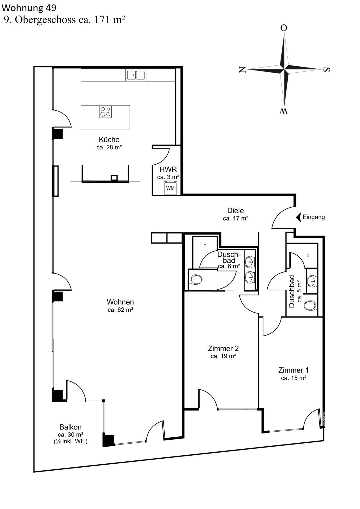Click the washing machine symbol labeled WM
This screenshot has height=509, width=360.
(x=170, y=188)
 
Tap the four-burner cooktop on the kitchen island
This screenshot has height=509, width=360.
(x=106, y=112)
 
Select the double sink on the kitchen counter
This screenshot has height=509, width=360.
(x=136, y=75)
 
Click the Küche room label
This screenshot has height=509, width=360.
(x=109, y=139)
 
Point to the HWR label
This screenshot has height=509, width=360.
(x=168, y=169)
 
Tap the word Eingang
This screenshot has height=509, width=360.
(x=313, y=217)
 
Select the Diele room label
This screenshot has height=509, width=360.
(x=235, y=211)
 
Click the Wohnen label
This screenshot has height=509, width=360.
(x=120, y=302)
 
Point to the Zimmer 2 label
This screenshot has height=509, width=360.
(x=223, y=348)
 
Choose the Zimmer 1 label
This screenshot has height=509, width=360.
(x=293, y=370)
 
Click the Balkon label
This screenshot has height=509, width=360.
(x=70, y=427)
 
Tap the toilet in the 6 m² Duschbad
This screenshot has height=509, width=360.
(x=196, y=280)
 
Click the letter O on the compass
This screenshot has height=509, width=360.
(x=284, y=28)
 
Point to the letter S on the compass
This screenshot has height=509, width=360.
(x=327, y=70)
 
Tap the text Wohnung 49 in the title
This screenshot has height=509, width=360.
(x=29, y=8)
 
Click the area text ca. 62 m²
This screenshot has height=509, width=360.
(x=121, y=310)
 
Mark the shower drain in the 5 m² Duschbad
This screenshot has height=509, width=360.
(x=308, y=256)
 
